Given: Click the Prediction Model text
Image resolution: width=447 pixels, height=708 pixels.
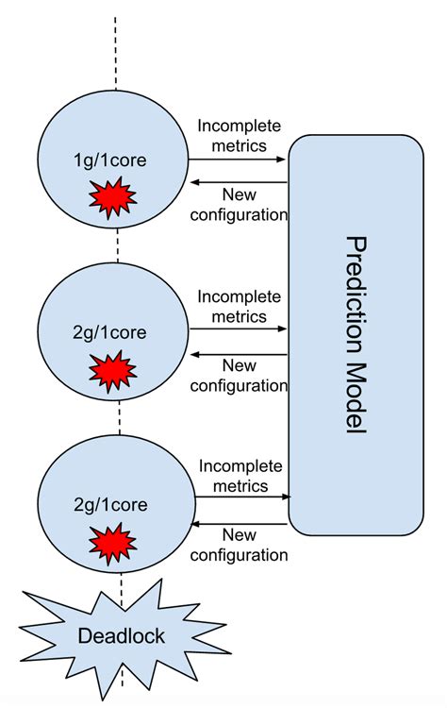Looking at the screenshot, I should point(356,334).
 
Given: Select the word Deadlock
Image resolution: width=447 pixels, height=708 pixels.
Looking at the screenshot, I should point(120,635).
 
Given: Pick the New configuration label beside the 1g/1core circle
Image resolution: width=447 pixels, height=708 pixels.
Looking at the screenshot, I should point(239,204).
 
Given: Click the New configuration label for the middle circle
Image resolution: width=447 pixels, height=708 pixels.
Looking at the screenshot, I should point(239,375).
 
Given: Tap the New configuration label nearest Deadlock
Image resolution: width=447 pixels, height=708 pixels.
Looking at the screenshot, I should point(239,545).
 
